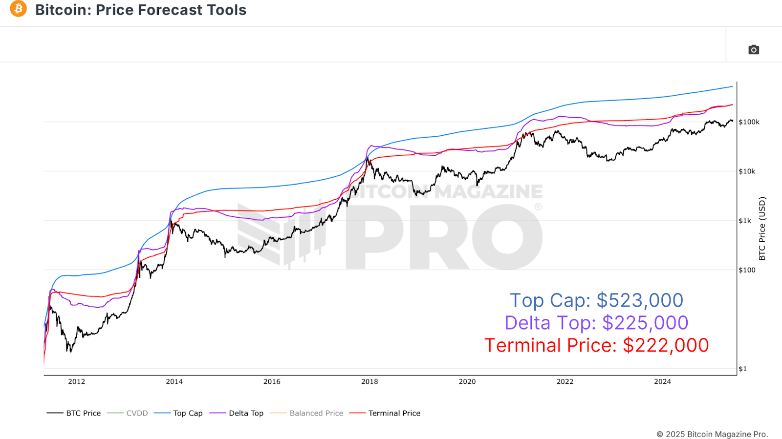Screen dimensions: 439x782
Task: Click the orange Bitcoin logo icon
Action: [19, 9]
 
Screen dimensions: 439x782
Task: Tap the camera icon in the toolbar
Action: [753, 50]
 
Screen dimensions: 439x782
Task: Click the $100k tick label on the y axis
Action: [749, 122]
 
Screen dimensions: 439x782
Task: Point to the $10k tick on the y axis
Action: [747, 171]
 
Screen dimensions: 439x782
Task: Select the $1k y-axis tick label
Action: [745, 221]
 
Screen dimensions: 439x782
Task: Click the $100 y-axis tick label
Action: [747, 270]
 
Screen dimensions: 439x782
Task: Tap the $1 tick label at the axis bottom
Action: [742, 369]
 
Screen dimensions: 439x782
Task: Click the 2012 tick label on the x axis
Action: [77, 382]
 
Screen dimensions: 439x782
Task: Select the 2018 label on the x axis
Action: [369, 382]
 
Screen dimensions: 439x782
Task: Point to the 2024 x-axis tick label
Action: [662, 382]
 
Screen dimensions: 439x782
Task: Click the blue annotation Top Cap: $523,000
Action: [596, 300]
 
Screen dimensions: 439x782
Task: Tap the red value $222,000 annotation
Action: [666, 345]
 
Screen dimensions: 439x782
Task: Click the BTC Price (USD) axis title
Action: [762, 229]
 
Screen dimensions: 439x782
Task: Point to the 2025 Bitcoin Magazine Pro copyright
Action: [712, 434]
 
